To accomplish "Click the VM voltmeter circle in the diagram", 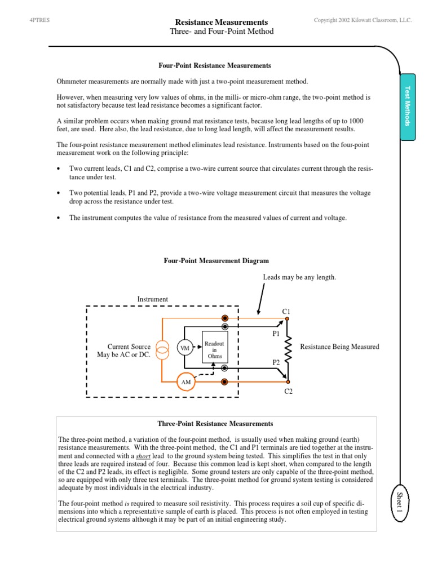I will pos(185,348).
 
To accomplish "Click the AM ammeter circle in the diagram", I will pos(185,382).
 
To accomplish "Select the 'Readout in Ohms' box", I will pos(214,349).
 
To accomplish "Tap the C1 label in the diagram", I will pos(286,311).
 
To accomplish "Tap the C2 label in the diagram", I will pos(288,390).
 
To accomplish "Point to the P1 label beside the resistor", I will pos(276,333).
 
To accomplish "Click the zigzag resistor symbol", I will pos(287,348).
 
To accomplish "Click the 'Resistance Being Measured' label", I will pos(339,347).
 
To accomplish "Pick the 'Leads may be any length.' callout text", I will pos(299,277).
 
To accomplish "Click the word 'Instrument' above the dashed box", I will pos(153,299).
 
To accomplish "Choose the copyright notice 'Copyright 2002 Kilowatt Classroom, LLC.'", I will pos(363,20).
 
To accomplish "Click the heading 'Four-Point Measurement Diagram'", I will pos(216,261).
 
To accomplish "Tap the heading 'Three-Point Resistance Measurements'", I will pos(216,424).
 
